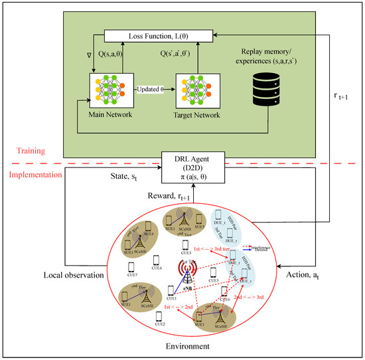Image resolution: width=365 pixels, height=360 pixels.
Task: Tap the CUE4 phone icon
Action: click(155, 259)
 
